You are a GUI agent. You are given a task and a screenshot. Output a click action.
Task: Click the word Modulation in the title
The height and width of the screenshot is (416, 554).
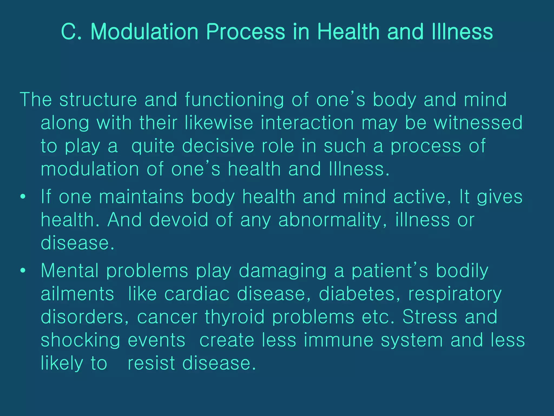[x=144, y=32]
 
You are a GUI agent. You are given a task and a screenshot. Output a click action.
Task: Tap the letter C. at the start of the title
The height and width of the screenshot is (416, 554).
[x=71, y=32]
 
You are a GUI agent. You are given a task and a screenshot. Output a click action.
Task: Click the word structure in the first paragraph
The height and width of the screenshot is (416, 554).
[x=98, y=100]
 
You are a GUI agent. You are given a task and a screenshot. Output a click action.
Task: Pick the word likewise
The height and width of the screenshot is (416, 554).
[x=219, y=123]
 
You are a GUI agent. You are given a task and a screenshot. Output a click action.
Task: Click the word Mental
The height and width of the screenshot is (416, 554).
[x=70, y=271]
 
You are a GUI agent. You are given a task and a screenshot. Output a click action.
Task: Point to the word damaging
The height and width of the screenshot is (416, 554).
[x=283, y=271]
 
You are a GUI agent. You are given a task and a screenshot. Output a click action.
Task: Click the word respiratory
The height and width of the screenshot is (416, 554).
[x=455, y=294]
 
